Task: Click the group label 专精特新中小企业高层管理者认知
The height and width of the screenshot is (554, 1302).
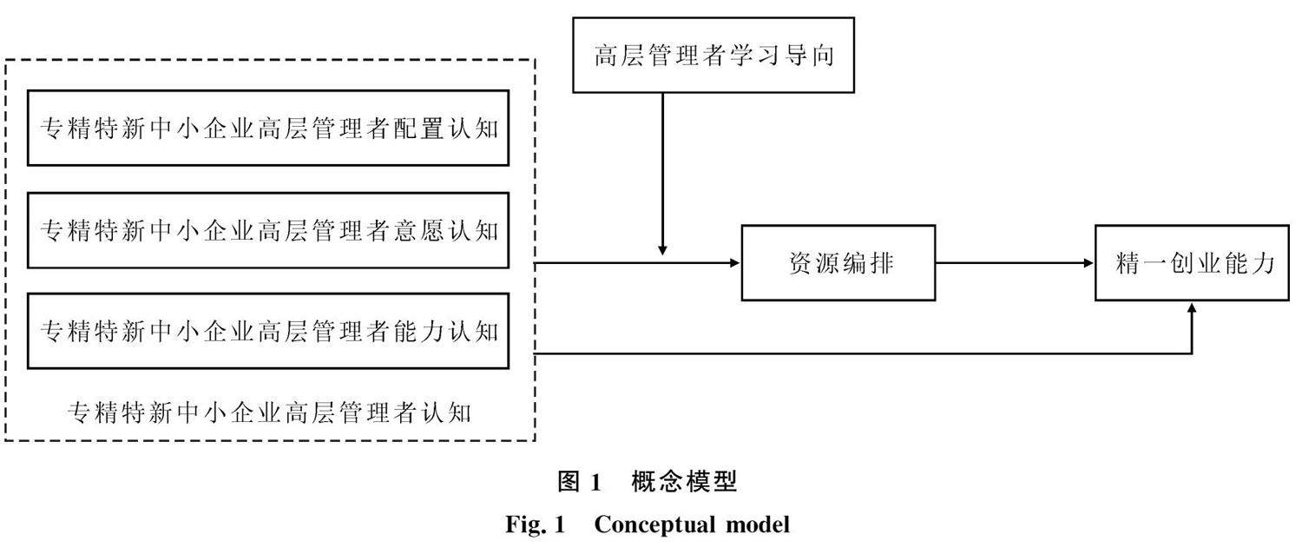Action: [269, 412]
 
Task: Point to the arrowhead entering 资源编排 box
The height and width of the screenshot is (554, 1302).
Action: [734, 263]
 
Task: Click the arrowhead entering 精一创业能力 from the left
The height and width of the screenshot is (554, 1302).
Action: [1088, 263]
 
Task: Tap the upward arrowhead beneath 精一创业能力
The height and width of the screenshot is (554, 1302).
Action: [1192, 308]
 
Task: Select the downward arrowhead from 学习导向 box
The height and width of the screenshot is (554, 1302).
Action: [662, 250]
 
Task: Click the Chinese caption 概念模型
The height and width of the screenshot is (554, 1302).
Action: [684, 481]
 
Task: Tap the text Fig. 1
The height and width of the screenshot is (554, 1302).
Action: [536, 524]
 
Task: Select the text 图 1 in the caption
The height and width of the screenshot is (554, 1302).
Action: [579, 481]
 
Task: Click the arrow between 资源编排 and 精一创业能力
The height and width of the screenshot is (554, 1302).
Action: [1015, 263]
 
